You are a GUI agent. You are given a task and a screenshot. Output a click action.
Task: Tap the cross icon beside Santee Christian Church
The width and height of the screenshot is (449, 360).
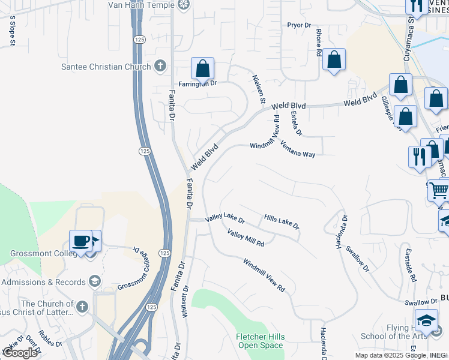(x=160, y=66)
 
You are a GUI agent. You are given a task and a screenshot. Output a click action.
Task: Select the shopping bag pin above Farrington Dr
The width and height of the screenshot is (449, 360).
(x=203, y=68)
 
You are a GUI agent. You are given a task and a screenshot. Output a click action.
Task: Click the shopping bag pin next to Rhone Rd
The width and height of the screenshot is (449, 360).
(x=334, y=59)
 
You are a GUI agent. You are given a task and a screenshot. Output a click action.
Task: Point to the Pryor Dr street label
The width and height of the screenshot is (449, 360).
(x=299, y=25)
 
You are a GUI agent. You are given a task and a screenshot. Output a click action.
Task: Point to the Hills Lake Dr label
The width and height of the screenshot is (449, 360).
(x=281, y=220)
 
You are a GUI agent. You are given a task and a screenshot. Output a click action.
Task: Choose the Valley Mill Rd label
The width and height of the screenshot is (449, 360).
(x=246, y=238)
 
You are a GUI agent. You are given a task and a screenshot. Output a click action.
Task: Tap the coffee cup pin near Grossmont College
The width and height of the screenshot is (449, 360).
(x=80, y=241)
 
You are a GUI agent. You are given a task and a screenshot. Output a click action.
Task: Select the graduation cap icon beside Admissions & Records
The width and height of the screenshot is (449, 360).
(x=95, y=281)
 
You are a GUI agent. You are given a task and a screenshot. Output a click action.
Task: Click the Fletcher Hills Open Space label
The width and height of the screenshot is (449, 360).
(x=260, y=341)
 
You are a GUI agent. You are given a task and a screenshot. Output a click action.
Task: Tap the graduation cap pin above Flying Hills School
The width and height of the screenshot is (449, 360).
(x=426, y=320)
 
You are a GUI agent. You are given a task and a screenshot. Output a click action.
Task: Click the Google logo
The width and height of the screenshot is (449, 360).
(x=20, y=353)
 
